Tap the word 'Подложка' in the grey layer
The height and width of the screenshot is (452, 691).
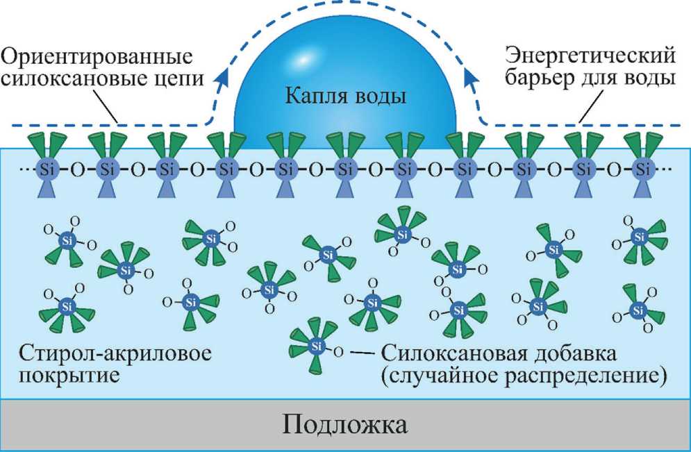(x=345, y=425)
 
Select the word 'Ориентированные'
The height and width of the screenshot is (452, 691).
(x=98, y=57)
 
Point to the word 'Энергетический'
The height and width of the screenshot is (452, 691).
(x=590, y=57)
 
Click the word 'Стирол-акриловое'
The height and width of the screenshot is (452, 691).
(x=115, y=353)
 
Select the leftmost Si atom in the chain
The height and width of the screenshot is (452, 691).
(x=47, y=169)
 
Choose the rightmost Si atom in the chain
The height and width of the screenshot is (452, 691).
(x=643, y=169)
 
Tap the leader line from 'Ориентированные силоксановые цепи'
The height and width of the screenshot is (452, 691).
(x=106, y=105)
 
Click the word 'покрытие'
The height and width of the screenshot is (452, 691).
(x=69, y=378)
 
